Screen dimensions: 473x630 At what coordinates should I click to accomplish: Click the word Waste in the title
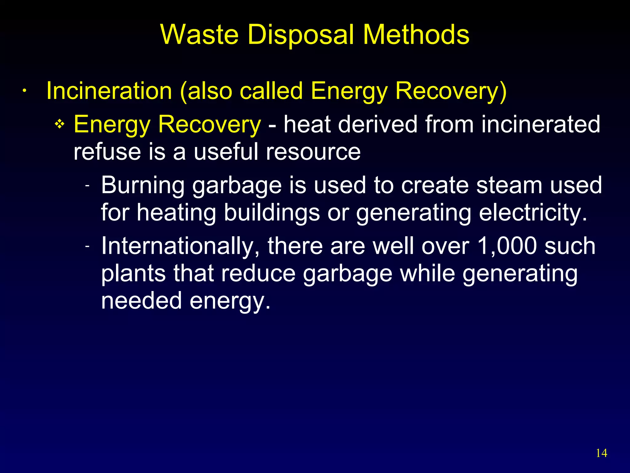click(199, 34)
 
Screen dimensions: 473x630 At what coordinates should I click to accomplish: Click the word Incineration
click(109, 91)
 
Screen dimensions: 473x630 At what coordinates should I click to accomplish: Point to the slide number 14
click(601, 453)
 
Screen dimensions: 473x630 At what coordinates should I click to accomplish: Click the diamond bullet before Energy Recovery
click(59, 124)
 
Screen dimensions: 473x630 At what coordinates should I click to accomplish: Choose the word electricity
click(533, 212)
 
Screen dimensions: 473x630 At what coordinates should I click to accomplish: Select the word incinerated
click(540, 124)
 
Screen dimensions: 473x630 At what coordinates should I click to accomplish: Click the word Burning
click(143, 185)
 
